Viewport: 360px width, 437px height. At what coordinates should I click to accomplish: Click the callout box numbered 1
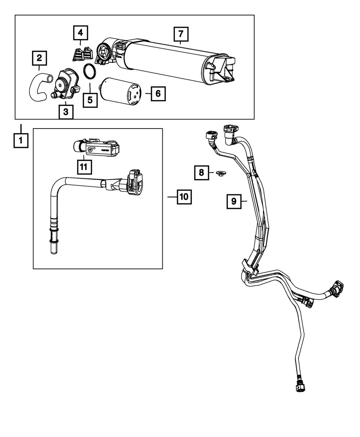(x=21, y=141)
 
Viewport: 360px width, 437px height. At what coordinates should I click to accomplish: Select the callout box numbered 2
(x=39, y=58)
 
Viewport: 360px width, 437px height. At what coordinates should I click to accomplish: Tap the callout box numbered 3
(x=66, y=112)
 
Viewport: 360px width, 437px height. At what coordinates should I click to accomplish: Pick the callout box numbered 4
(x=81, y=33)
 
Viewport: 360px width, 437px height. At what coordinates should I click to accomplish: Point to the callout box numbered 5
(x=90, y=100)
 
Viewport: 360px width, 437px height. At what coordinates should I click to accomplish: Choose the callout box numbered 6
(x=158, y=94)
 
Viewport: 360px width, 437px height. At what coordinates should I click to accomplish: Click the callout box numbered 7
(x=181, y=34)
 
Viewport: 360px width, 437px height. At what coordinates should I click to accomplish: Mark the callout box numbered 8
(x=202, y=173)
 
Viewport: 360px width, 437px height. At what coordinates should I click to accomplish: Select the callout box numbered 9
(x=234, y=202)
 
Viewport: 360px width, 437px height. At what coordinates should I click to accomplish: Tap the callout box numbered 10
(x=184, y=197)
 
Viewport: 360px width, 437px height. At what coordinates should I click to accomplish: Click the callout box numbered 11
(x=84, y=167)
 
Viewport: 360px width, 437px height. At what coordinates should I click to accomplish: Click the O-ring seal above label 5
(x=90, y=71)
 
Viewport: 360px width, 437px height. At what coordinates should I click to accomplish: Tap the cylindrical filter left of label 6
(x=120, y=91)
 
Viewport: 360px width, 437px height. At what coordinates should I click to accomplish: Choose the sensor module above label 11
(x=96, y=147)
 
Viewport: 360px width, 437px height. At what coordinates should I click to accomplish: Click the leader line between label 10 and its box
(x=172, y=197)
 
